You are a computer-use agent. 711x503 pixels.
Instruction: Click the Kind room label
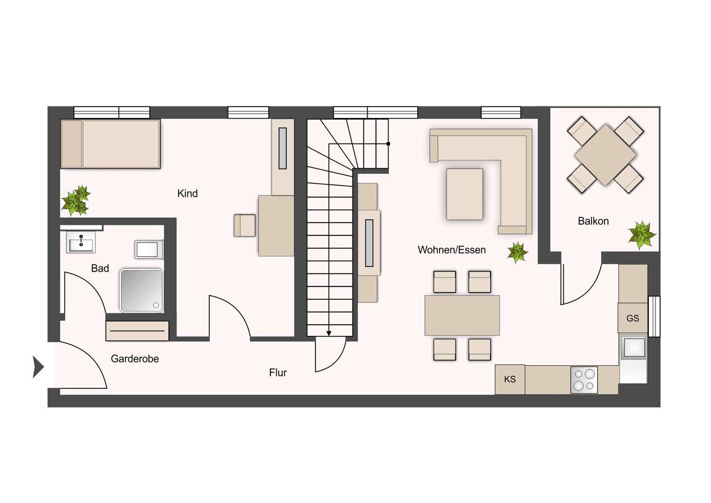click(x=187, y=193)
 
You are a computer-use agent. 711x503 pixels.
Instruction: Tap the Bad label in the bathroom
click(x=100, y=268)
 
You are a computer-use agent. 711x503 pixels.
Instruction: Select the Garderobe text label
click(x=135, y=359)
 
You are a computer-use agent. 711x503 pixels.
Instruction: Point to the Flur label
click(x=278, y=373)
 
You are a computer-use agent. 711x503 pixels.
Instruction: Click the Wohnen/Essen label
click(x=452, y=250)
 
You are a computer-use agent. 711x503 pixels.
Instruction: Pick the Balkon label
click(x=593, y=221)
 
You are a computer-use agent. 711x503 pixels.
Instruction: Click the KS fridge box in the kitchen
click(x=510, y=380)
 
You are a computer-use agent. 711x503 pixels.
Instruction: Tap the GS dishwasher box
click(x=633, y=318)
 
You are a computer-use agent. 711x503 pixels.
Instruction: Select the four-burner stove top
click(x=584, y=380)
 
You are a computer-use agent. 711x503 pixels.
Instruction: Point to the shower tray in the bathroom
click(x=141, y=291)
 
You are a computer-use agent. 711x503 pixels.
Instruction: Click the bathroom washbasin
click(x=81, y=242)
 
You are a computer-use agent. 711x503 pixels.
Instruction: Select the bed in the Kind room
click(x=110, y=144)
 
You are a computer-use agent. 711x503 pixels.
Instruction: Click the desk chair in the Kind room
click(x=245, y=225)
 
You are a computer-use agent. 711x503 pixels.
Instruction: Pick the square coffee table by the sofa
click(x=465, y=194)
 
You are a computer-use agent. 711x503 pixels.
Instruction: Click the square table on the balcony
click(x=605, y=155)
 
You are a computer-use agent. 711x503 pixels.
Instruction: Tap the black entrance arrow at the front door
click(x=38, y=367)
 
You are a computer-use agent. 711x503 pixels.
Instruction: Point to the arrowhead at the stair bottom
click(x=329, y=333)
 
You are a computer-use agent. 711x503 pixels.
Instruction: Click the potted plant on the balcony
click(x=642, y=235)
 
